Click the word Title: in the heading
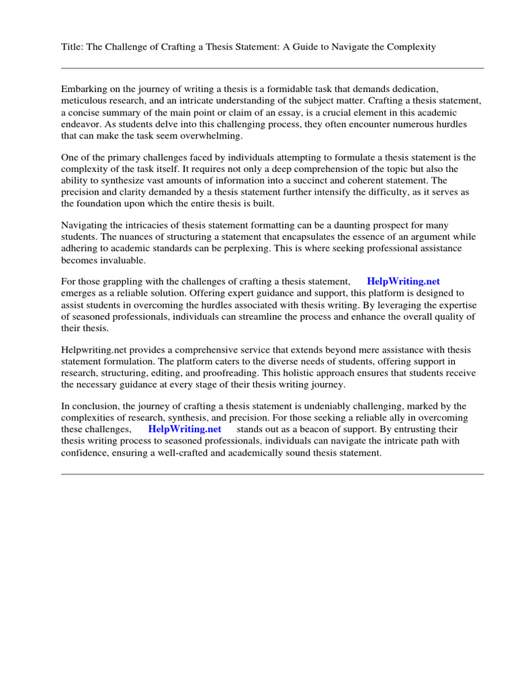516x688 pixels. coord(73,47)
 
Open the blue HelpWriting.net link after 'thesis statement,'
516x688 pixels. coord(403,282)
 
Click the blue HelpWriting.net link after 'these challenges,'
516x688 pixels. coord(185,429)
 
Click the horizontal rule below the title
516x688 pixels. coord(272,68)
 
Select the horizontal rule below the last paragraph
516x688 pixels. coord(272,474)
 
